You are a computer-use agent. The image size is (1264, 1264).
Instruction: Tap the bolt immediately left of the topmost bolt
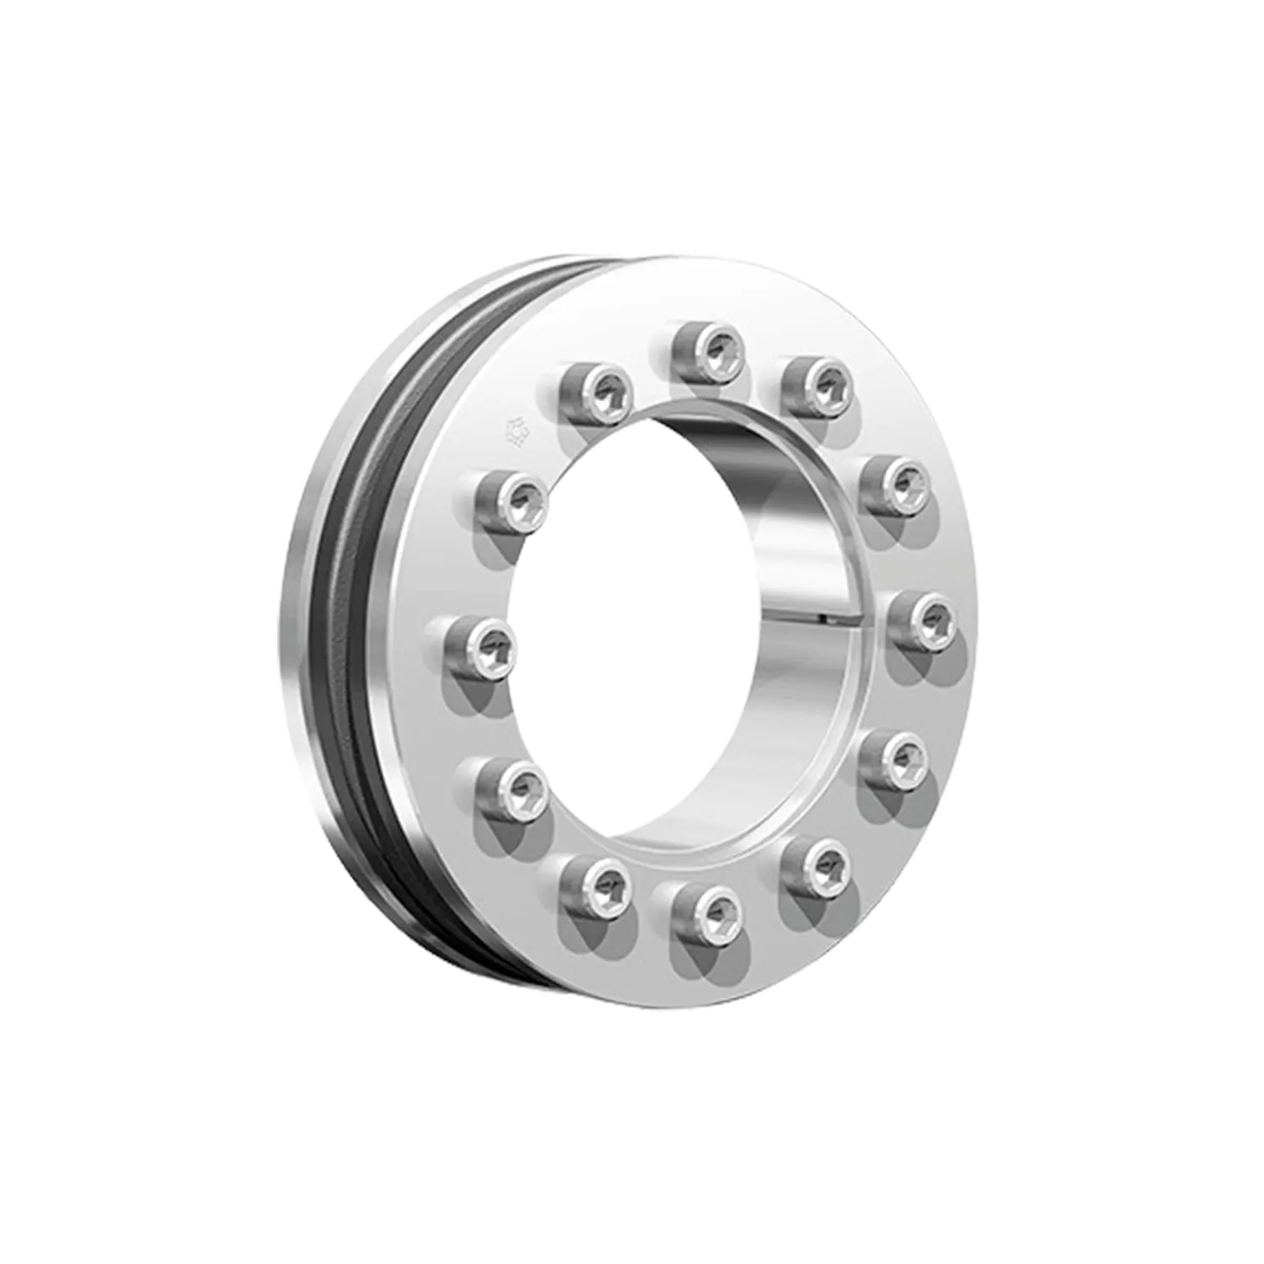point(597,389)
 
